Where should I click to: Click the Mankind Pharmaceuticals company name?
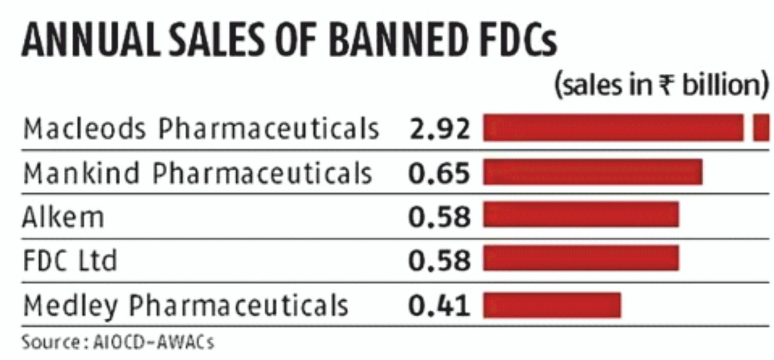[198, 173]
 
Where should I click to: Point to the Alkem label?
[63, 217]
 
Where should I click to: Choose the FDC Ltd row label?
[70, 261]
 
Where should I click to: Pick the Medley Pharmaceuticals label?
[186, 305]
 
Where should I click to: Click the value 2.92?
[439, 129]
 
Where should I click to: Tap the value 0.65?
[439, 173]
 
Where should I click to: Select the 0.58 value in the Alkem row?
[439, 217]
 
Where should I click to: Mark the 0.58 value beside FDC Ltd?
[439, 261]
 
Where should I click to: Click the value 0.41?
[439, 305]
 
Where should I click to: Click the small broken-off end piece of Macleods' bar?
[761, 128]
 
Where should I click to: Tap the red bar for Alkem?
[581, 216]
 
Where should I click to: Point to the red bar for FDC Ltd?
[581, 259]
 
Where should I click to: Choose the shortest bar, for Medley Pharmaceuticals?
[552, 305]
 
